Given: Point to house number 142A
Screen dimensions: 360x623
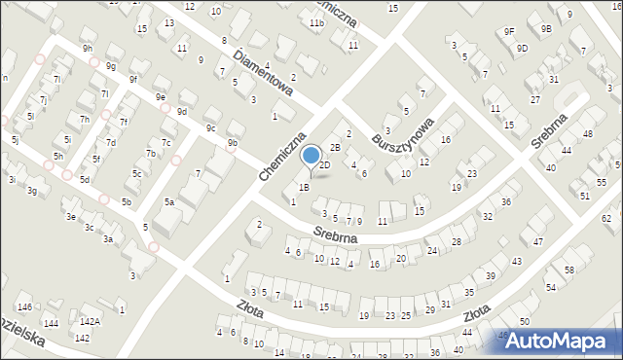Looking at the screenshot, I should [x=90, y=321].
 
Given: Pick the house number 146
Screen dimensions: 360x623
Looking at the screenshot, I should [x=24, y=306].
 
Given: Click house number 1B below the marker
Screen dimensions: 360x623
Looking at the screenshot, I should [x=304, y=187].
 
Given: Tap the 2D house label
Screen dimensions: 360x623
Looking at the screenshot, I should [x=325, y=165].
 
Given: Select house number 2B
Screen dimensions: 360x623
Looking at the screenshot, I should [x=334, y=148].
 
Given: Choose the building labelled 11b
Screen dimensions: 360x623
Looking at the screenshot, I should [x=316, y=22].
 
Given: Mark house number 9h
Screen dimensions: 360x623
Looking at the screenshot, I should [x=87, y=48].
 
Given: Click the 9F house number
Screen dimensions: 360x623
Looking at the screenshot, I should [x=509, y=31].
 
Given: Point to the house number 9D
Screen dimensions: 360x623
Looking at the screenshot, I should [x=523, y=48].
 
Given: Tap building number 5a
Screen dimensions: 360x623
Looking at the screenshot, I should [x=168, y=202].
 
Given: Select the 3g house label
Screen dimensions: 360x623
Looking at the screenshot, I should [x=32, y=191].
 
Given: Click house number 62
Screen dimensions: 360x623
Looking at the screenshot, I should [x=605, y=219].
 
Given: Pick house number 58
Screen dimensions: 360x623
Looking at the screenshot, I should [x=569, y=270].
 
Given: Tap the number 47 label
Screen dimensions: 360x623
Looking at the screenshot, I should [x=537, y=240].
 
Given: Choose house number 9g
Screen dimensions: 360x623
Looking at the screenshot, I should [x=111, y=66].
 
